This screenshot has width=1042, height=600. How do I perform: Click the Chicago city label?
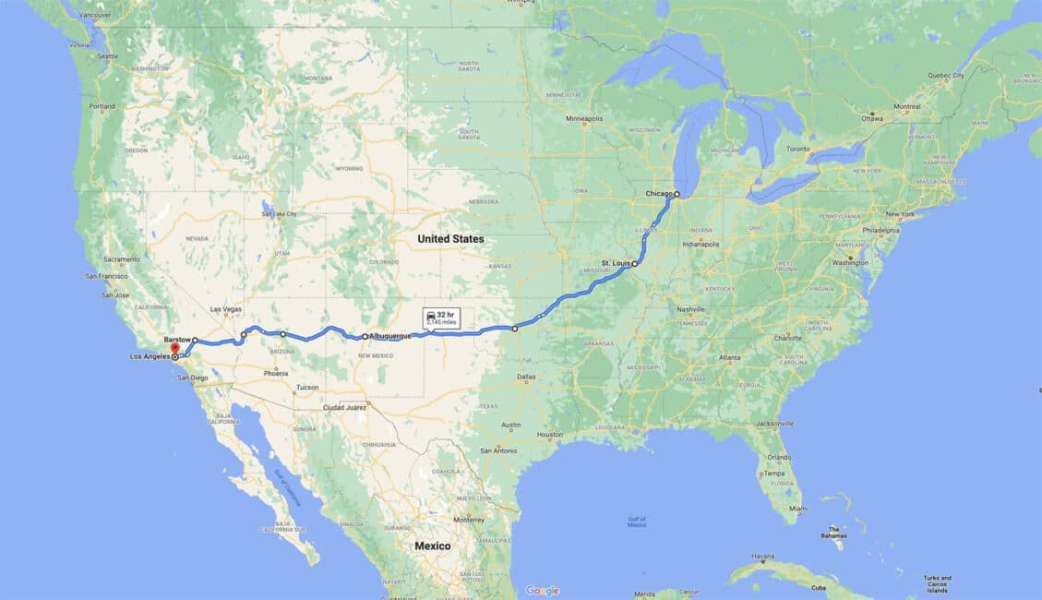pos(659,194)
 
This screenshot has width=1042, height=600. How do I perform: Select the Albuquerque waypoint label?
pos(389,337)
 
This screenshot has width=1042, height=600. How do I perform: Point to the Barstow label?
pos(177,340)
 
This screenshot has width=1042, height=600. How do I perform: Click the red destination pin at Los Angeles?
pos(174,350)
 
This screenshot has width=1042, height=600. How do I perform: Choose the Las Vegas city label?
pos(226,309)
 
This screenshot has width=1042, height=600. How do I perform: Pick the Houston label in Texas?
pos(550,434)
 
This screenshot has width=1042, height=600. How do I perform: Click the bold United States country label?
pos(450,239)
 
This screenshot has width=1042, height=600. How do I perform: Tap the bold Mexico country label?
pos(432,546)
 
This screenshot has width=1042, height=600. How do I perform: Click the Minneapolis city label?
pos(584,118)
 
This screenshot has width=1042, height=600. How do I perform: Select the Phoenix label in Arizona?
pos(276,373)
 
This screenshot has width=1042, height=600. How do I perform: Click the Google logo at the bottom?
pos(542,590)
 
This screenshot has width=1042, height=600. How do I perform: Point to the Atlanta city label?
pos(731,357)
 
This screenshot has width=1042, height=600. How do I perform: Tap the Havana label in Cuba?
pos(762,556)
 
